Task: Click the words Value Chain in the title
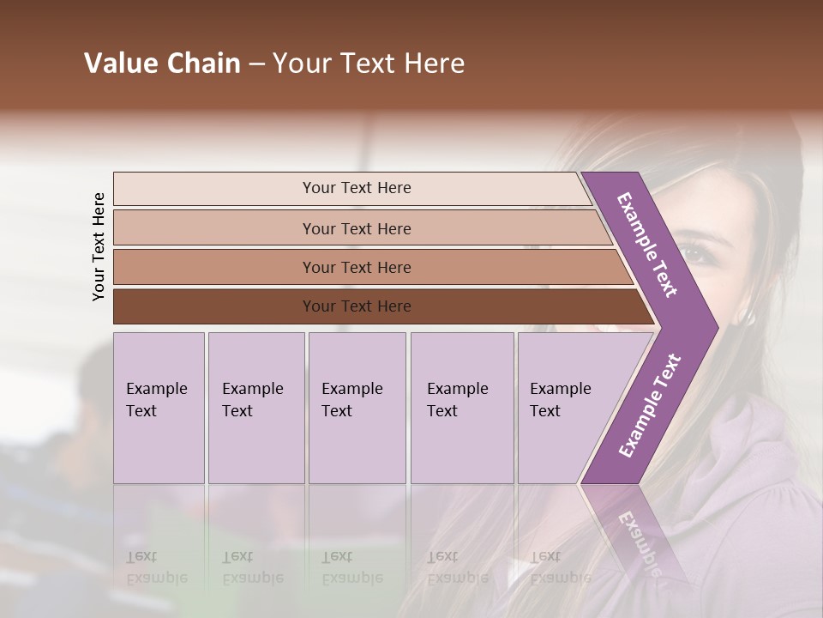click(162, 64)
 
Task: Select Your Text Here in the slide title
click(369, 64)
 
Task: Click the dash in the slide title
click(256, 64)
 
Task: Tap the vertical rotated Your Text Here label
click(99, 246)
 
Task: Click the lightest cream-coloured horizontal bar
click(357, 188)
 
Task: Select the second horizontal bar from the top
click(357, 228)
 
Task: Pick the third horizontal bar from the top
click(357, 267)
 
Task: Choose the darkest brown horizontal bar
click(357, 306)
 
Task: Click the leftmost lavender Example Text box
click(159, 407)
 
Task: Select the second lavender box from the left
click(255, 407)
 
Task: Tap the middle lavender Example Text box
click(357, 407)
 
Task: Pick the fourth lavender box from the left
click(461, 407)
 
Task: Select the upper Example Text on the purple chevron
click(647, 245)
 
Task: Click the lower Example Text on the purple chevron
click(650, 406)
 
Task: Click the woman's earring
click(750, 318)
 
